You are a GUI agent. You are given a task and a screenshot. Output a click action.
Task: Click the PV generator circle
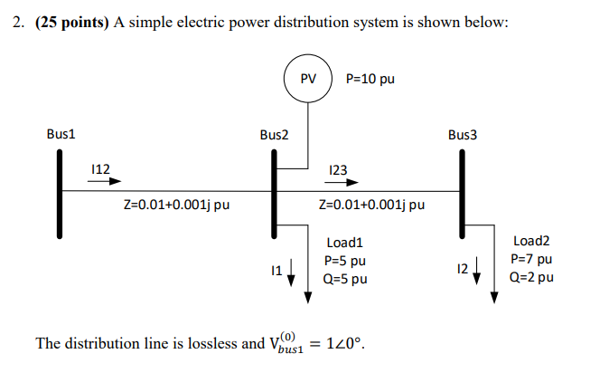tap(308, 79)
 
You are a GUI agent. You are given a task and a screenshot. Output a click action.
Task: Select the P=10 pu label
tap(370, 79)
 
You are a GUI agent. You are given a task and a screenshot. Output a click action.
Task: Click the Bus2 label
tap(274, 135)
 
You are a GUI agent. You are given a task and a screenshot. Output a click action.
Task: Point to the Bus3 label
tap(462, 135)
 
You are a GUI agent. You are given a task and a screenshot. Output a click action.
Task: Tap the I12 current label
tap(100, 167)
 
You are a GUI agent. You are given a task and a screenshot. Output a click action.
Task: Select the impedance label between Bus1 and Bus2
tap(175, 205)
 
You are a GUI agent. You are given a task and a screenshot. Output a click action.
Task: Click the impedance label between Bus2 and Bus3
tap(371, 205)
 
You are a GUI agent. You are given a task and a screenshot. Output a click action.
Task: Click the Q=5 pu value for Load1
tap(345, 279)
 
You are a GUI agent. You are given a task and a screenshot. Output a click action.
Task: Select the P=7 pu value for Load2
tap(531, 259)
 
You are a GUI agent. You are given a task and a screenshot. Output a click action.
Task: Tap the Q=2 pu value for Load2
tap(532, 277)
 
